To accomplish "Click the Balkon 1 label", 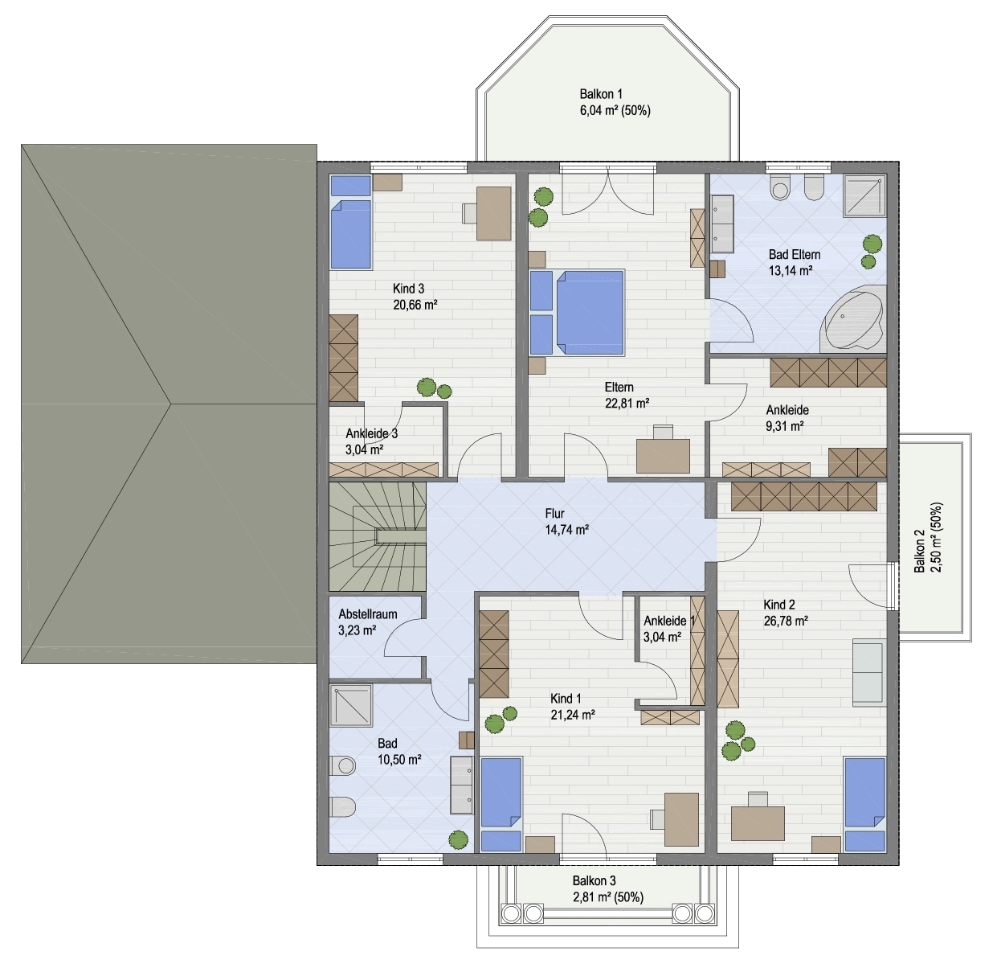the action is click(x=600, y=94).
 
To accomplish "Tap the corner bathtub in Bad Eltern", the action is click(x=855, y=318).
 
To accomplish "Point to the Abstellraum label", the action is click(x=367, y=613).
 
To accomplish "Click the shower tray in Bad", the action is click(x=351, y=706).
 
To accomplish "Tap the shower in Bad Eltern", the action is click(x=864, y=195).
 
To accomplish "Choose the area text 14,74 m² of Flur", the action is click(x=566, y=530).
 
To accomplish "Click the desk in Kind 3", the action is click(x=494, y=213).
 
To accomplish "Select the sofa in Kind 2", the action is click(x=869, y=672).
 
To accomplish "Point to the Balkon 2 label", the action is click(x=919, y=551).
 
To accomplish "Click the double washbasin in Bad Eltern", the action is click(x=722, y=224).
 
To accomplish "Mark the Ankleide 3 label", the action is click(x=371, y=433).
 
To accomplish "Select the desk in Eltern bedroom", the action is click(x=663, y=456).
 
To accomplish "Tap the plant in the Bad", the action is click(x=459, y=839).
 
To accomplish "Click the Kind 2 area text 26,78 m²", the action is click(x=786, y=621).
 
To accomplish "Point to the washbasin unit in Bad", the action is click(x=462, y=785).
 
